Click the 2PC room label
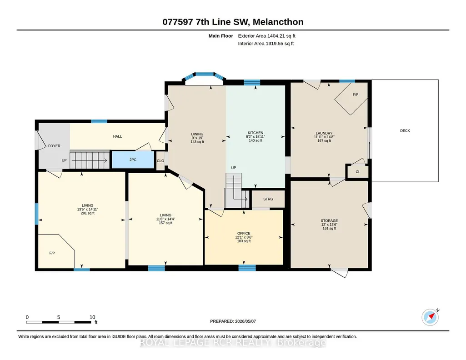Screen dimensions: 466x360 tap(133, 160)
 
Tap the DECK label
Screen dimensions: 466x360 tap(405, 131)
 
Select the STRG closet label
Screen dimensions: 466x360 tap(268, 199)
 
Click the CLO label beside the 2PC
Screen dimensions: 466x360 tap(160, 161)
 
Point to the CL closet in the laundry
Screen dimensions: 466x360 tap(358, 172)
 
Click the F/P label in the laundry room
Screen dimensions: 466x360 tap(356, 95)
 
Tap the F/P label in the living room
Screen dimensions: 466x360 tap(52, 253)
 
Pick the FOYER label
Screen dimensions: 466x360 tap(54, 146)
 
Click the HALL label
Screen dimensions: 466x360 tap(117, 136)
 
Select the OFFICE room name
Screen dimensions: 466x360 tap(244, 234)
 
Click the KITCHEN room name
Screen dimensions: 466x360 tap(256, 133)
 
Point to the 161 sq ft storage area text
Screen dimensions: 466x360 tap(329, 229)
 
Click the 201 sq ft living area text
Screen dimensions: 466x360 tap(88, 213)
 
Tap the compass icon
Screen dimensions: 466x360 tap(431, 317)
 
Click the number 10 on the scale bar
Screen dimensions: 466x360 tap(92, 317)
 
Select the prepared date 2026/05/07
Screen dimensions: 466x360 tap(246, 321)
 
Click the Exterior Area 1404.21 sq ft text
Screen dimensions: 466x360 tap(266, 36)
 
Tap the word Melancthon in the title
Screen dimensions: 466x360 tap(278, 22)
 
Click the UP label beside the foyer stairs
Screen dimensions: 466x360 tap(64, 160)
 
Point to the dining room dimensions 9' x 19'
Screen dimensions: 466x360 tap(197, 138)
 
